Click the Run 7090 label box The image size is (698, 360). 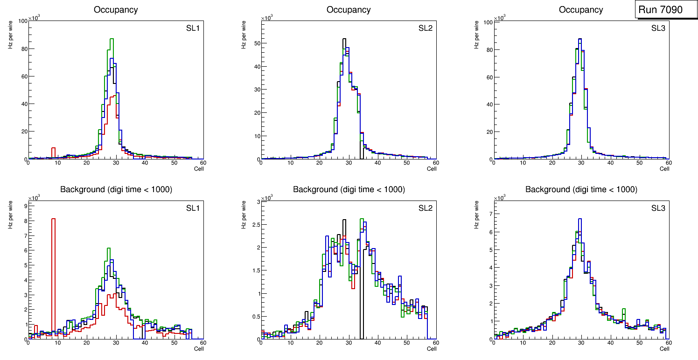tap(666, 10)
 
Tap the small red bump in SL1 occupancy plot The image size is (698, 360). tap(53, 151)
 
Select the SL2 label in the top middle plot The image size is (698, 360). tap(426, 29)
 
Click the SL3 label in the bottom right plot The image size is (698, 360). tap(658, 208)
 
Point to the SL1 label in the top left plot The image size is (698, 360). tap(193, 29)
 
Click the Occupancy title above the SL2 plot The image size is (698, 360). tap(349, 10)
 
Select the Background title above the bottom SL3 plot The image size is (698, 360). tap(581, 189)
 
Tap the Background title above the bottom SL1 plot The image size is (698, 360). tap(116, 189)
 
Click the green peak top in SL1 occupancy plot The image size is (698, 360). tap(112, 39)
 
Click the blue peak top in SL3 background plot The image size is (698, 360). tap(580, 219)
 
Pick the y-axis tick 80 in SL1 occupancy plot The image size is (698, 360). tap(22, 48)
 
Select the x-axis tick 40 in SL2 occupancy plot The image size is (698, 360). tap(377, 163)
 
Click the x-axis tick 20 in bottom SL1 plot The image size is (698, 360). tap(87, 343)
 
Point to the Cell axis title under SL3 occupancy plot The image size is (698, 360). tap(664, 169)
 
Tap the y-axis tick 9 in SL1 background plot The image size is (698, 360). tap(25, 205)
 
